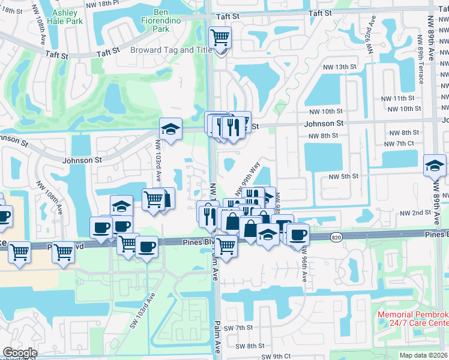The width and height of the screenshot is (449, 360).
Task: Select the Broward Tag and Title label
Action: [x=171, y=50]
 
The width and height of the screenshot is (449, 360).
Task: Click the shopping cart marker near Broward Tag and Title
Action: [x=220, y=39]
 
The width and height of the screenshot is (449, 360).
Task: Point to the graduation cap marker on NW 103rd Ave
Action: [x=170, y=129]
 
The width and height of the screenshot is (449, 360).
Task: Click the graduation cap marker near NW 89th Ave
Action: [x=435, y=166]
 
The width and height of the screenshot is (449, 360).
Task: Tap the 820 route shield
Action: [x=336, y=238]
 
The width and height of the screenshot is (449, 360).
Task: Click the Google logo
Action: [x=19, y=353]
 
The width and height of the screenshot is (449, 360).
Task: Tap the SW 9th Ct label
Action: [x=276, y=356]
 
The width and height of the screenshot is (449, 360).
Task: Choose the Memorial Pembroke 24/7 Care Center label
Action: [x=413, y=319]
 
